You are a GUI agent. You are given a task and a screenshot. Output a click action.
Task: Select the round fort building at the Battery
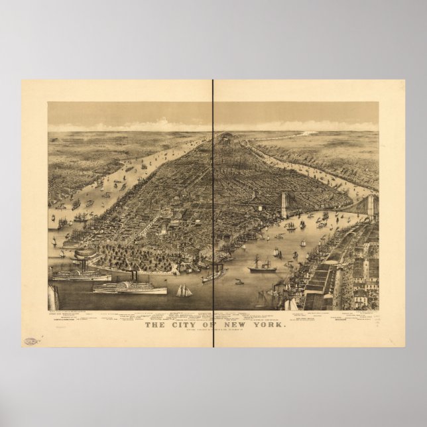84,255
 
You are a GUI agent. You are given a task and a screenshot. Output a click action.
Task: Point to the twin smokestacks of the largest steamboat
133,275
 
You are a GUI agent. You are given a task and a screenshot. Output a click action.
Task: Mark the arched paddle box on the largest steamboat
124,286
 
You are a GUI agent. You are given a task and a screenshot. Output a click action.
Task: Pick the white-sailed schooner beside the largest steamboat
183,290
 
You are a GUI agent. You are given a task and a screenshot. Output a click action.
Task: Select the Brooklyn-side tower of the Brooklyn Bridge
370,205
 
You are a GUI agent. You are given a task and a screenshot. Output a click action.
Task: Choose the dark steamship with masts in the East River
261,267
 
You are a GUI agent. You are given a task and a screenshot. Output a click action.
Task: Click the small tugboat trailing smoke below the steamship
239,281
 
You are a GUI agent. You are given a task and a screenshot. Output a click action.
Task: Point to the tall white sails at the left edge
53,296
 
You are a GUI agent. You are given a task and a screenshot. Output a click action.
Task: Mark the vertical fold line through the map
213,199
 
